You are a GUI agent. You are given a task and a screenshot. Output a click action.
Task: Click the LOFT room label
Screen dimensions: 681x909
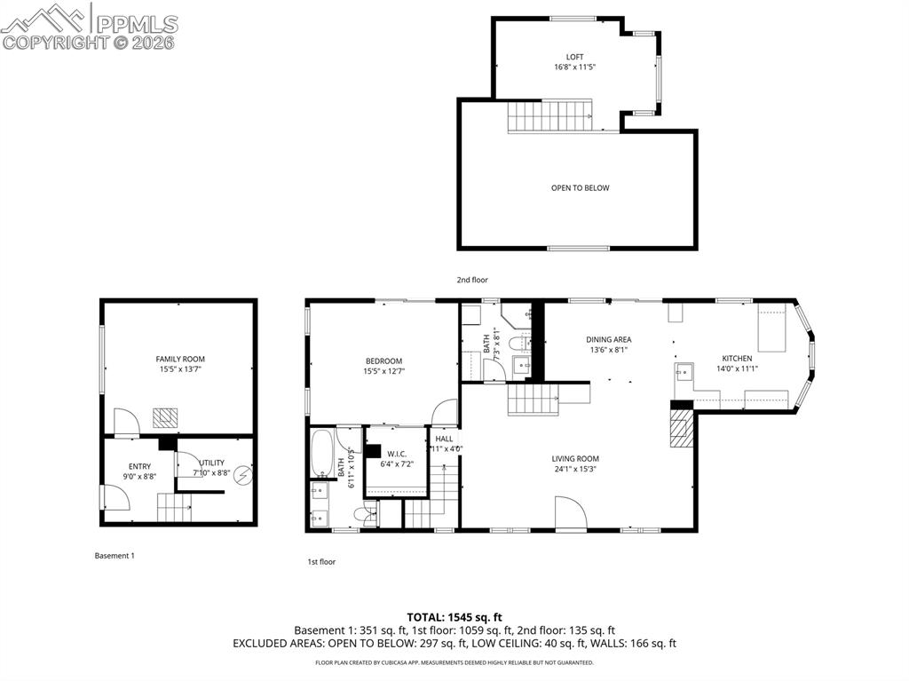click(574, 57)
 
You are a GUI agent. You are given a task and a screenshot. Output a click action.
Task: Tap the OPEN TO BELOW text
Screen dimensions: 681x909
click(580, 188)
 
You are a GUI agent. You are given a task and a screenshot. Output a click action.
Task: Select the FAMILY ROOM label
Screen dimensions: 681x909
click(180, 360)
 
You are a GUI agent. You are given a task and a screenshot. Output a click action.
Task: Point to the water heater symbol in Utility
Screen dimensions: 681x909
click(242, 476)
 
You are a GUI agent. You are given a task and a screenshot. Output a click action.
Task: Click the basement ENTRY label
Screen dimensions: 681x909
click(139, 466)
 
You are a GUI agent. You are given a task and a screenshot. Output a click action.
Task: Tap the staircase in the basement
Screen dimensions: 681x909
click(174, 508)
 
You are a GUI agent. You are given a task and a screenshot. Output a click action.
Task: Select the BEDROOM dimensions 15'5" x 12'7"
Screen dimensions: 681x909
click(383, 371)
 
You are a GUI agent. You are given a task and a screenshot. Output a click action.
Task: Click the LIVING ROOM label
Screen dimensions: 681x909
click(575, 459)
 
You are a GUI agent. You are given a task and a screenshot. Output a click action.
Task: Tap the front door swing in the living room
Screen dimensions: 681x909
click(569, 513)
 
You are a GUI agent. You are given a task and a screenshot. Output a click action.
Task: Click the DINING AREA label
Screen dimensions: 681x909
click(608, 339)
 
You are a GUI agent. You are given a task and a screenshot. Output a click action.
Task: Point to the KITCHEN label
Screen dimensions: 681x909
click(736, 359)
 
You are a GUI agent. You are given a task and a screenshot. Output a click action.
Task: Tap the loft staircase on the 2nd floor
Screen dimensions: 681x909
click(549, 115)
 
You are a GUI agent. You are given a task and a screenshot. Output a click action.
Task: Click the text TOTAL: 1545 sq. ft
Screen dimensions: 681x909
click(454, 616)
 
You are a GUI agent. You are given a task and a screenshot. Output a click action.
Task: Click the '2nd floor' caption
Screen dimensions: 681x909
click(472, 280)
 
